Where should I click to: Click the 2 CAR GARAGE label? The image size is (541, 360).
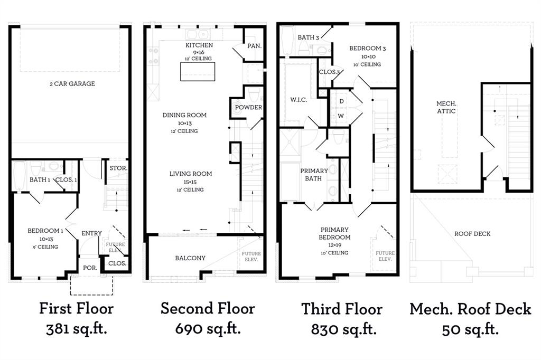click(x=72, y=83)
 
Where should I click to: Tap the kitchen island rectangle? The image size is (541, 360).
click(x=198, y=71)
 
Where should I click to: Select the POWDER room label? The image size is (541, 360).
click(x=248, y=107)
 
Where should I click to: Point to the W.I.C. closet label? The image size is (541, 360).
click(x=299, y=100)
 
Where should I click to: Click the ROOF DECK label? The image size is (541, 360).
click(x=472, y=233)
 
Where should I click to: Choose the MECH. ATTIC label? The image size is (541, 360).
click(x=446, y=107)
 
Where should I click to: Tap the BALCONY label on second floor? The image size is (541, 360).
click(x=190, y=258)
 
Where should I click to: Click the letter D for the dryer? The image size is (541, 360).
click(x=342, y=101)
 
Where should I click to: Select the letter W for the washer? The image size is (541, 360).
click(x=341, y=116)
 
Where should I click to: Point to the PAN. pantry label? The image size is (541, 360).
click(x=254, y=46)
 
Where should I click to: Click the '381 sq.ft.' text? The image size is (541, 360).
click(x=77, y=329)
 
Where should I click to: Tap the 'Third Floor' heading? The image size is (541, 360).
click(x=342, y=309)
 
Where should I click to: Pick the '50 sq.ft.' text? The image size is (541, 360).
click(x=470, y=329)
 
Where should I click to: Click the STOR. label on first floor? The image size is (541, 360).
click(x=118, y=168)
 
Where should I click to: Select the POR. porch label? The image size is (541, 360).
click(x=90, y=268)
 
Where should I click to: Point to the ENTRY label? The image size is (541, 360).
click(x=91, y=233)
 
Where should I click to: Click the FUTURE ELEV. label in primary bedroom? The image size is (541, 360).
click(x=385, y=256)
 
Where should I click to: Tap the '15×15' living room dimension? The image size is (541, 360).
click(x=190, y=182)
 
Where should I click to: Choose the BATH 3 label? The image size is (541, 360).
click(x=309, y=37)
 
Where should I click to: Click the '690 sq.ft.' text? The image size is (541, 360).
click(x=208, y=329)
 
